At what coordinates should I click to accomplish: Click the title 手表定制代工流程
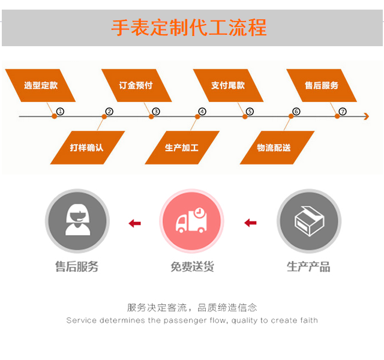pyautogui.click(x=188, y=28)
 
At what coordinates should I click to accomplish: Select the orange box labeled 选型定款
pyautogui.click(x=41, y=85)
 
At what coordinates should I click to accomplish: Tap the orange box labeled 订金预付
pyautogui.click(x=136, y=85)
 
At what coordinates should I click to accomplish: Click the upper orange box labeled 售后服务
pyautogui.click(x=322, y=85)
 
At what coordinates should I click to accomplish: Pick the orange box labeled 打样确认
pyautogui.click(x=87, y=147)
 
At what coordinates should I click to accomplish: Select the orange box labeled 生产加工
pyautogui.click(x=182, y=147)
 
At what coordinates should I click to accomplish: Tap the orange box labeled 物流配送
pyautogui.click(x=274, y=147)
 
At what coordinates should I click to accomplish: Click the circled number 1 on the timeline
pyautogui.click(x=61, y=112)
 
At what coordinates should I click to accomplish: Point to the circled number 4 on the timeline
pyautogui.click(x=202, y=112)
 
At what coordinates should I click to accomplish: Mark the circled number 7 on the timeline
pyautogui.click(x=343, y=112)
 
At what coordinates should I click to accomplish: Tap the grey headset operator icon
pyautogui.click(x=77, y=221)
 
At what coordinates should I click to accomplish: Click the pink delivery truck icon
pyautogui.click(x=191, y=221)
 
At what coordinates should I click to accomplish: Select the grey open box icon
pyautogui.click(x=308, y=221)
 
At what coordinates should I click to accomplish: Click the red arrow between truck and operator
pyautogui.click(x=135, y=224)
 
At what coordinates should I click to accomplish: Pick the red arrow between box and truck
pyautogui.click(x=250, y=224)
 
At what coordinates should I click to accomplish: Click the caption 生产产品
pyautogui.click(x=308, y=267)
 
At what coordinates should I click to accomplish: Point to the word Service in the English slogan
pyautogui.click(x=81, y=320)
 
